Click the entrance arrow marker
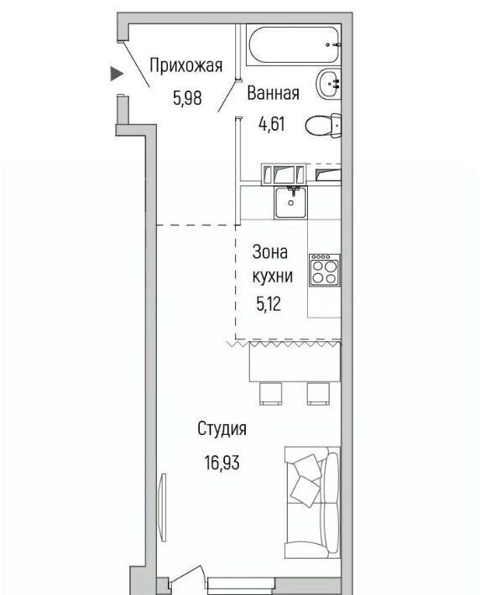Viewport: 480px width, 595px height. (117, 73)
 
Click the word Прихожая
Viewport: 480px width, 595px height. (185, 65)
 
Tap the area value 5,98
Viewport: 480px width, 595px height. (187, 98)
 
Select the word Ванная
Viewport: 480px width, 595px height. (273, 93)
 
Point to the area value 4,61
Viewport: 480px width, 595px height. (271, 124)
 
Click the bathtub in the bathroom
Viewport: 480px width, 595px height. (294, 44)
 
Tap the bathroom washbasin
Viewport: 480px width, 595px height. (328, 83)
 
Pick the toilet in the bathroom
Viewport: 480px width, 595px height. (323, 125)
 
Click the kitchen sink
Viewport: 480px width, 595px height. (290, 202)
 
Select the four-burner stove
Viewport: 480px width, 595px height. (324, 270)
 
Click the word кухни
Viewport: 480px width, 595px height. (273, 276)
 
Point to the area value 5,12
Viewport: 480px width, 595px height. (269, 303)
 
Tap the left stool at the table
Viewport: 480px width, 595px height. (270, 394)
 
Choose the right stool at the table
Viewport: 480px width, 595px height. (318, 394)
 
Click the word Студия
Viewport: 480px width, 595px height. (222, 429)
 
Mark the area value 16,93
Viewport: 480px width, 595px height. (222, 463)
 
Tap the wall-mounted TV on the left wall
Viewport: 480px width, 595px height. (164, 507)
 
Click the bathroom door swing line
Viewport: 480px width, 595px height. (226, 96)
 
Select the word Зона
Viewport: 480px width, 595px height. (270, 252)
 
